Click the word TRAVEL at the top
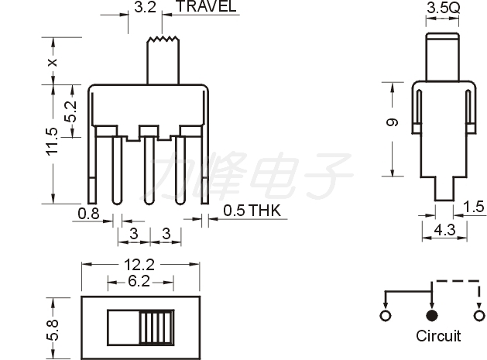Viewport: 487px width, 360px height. (x=206, y=6)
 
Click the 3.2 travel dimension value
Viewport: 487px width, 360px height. (x=145, y=6)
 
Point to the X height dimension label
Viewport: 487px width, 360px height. (x=53, y=62)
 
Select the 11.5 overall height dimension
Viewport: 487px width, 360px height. (x=52, y=142)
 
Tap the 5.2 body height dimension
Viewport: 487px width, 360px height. (x=70, y=111)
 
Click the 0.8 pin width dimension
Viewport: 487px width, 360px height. (x=88, y=214)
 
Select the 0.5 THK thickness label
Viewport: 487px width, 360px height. (x=252, y=211)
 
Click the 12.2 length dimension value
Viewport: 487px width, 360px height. (x=139, y=265)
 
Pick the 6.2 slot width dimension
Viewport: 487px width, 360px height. (x=139, y=281)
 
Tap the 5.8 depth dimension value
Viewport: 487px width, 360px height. (x=53, y=330)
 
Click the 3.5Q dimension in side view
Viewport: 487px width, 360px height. (x=443, y=8)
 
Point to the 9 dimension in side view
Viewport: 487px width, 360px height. (x=392, y=122)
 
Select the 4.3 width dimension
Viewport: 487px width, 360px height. (x=444, y=230)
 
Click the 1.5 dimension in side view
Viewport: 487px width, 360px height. (x=474, y=207)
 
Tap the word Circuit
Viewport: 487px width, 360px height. (x=438, y=336)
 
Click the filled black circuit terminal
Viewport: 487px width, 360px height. (x=431, y=316)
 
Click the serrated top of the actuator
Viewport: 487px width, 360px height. (x=163, y=39)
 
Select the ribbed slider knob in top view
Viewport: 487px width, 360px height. (x=156, y=327)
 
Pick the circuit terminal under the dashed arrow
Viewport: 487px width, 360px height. (x=478, y=316)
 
